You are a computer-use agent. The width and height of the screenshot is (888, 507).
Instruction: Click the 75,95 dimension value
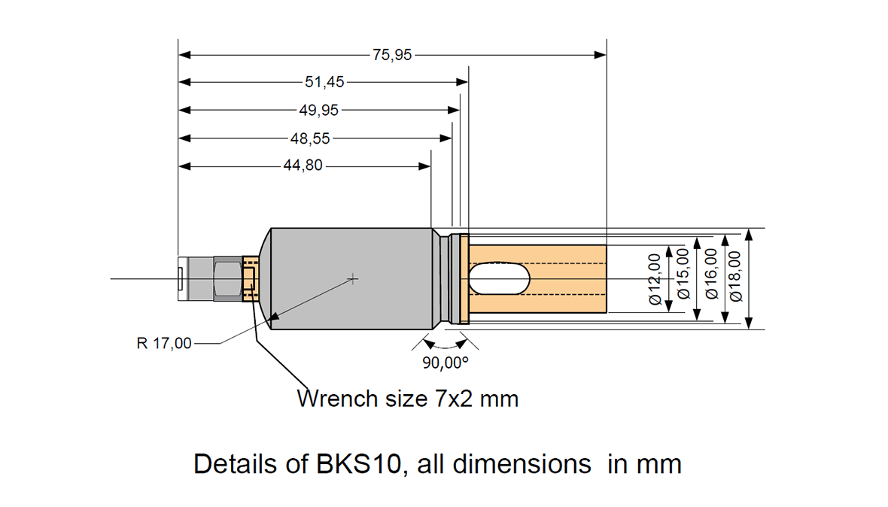tap(392, 55)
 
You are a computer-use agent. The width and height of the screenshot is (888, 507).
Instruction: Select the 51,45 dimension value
tap(324, 82)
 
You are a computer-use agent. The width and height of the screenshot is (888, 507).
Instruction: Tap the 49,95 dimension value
tap(319, 110)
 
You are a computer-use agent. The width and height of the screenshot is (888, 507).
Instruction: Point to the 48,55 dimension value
tap(310, 138)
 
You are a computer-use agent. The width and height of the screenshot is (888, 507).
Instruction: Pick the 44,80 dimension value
tap(303, 165)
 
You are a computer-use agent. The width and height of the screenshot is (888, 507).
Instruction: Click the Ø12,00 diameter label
tap(655, 279)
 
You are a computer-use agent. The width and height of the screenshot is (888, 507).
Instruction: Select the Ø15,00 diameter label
tap(684, 279)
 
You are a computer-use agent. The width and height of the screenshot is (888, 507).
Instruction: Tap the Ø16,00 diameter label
tap(711, 279)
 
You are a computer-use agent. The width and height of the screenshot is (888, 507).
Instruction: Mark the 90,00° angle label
tap(445, 363)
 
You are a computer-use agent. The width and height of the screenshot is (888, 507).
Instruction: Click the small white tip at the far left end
tap(181, 279)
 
